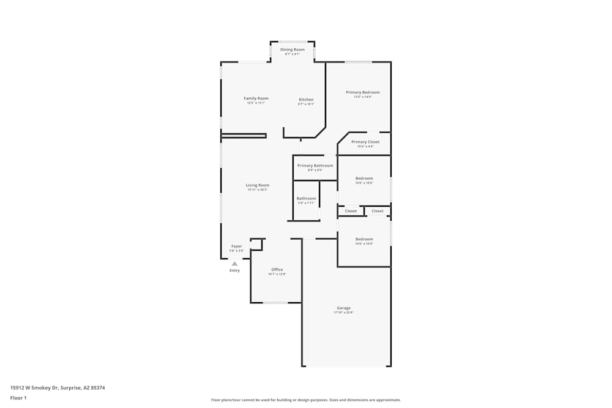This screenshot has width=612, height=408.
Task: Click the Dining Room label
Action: [x=292, y=50]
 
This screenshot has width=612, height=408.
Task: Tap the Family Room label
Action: [x=256, y=98]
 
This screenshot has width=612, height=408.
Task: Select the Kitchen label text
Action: [x=306, y=100]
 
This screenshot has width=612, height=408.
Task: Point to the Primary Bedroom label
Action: [x=362, y=92]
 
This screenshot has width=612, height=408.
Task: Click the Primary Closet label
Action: [x=365, y=142]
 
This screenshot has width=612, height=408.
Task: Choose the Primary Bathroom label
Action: [x=315, y=166]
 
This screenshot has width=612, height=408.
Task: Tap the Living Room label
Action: [x=258, y=185]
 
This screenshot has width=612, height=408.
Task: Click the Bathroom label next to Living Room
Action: [x=306, y=198]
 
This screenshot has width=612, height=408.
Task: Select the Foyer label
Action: [x=236, y=247]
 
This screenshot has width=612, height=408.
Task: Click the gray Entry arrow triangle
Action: [x=234, y=264]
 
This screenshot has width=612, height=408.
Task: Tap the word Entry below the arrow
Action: [x=234, y=270]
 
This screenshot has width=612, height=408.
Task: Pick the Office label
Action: [x=277, y=270]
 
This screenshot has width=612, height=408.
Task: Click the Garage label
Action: [x=343, y=308]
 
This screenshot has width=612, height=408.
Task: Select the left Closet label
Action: [x=351, y=211]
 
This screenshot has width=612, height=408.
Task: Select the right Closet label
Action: [x=378, y=211]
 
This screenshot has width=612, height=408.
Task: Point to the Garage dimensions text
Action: [x=343, y=313]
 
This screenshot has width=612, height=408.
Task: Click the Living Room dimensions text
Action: [x=258, y=190]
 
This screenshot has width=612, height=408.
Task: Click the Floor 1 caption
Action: [x=18, y=398]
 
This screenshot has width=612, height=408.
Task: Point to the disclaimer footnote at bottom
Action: [x=306, y=400]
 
